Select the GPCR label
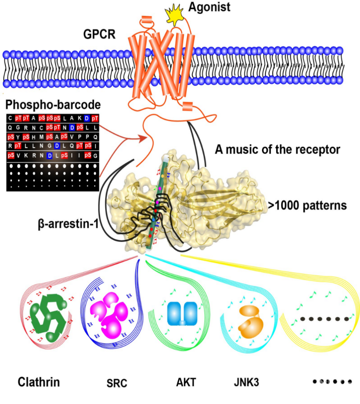[x=99, y=34]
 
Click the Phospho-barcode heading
[x=53, y=106]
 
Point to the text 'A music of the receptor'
[x=278, y=150]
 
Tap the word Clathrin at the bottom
[x=39, y=382]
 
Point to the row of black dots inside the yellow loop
[x=325, y=319]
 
